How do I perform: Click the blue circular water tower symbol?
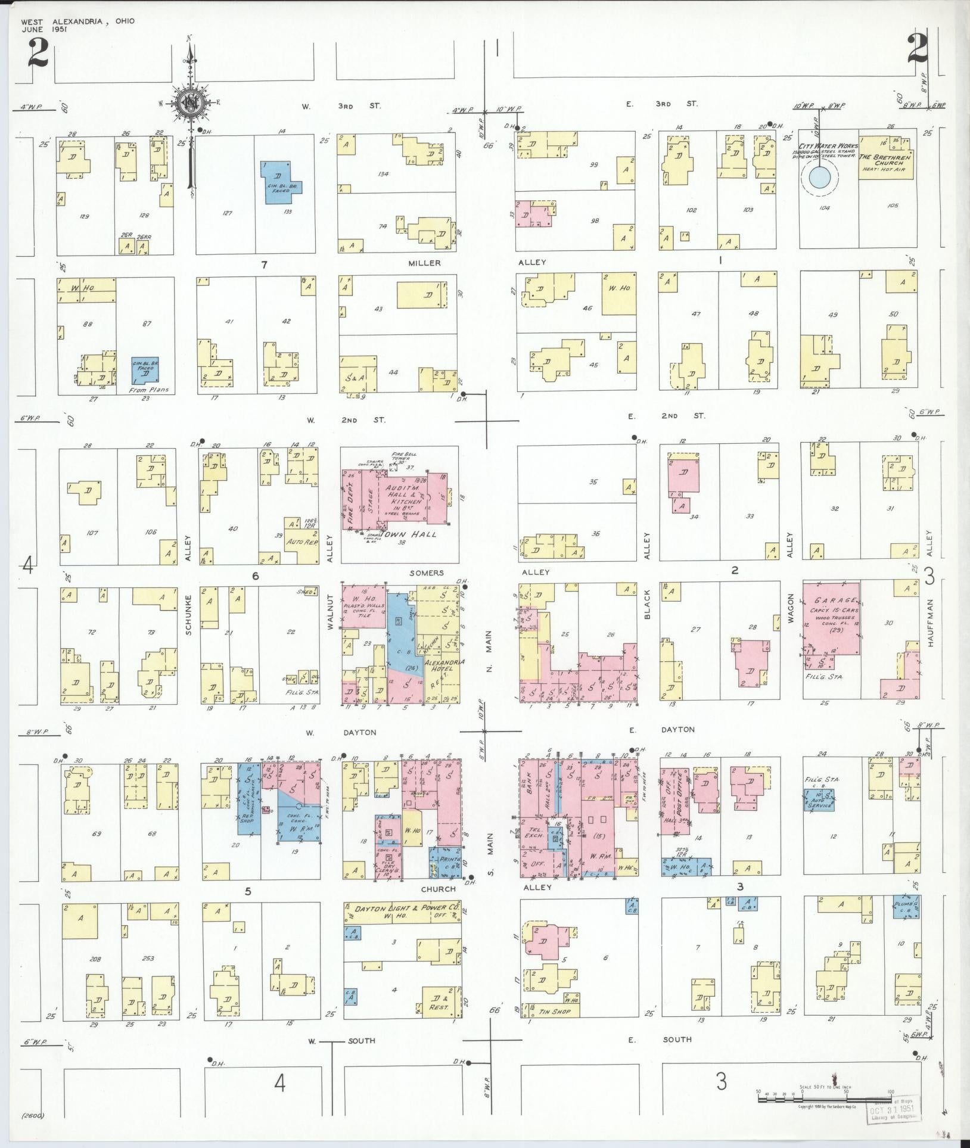[x=819, y=177]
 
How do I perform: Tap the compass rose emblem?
[x=191, y=103]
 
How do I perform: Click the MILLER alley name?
[x=424, y=263]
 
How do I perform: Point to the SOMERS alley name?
[x=427, y=573]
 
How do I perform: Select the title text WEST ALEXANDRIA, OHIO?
[x=77, y=21]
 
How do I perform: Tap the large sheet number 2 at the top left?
[x=36, y=55]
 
